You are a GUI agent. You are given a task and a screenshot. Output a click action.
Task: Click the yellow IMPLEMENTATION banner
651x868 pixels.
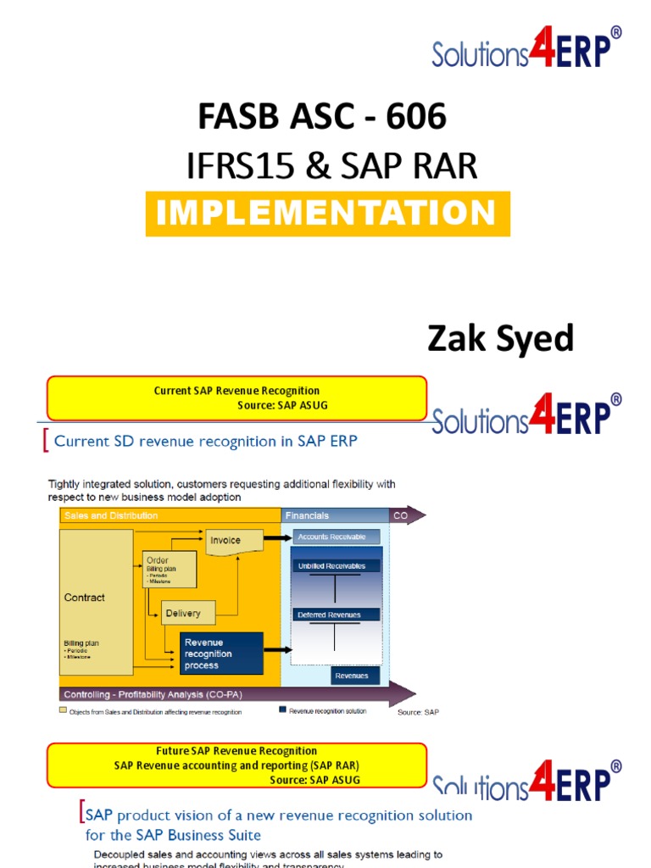point(327,213)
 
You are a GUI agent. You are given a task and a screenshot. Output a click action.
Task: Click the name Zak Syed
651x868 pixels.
point(500,339)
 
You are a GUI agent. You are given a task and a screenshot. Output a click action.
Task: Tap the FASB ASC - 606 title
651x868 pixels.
point(322,117)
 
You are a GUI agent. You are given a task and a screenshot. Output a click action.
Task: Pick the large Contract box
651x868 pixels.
point(96,602)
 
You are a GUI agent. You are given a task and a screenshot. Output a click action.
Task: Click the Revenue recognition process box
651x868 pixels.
point(221,654)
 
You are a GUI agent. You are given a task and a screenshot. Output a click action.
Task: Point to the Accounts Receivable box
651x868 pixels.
point(337,537)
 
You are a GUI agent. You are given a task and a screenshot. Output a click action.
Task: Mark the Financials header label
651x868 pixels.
point(307,515)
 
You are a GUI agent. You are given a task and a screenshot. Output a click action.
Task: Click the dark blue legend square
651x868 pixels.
point(282,710)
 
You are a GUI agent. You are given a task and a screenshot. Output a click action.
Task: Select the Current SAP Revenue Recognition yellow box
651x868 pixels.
point(236,398)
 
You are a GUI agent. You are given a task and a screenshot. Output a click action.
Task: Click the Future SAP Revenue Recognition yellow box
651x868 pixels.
point(236,765)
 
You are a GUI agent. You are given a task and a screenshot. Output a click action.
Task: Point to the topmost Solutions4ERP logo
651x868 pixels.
point(526,47)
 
